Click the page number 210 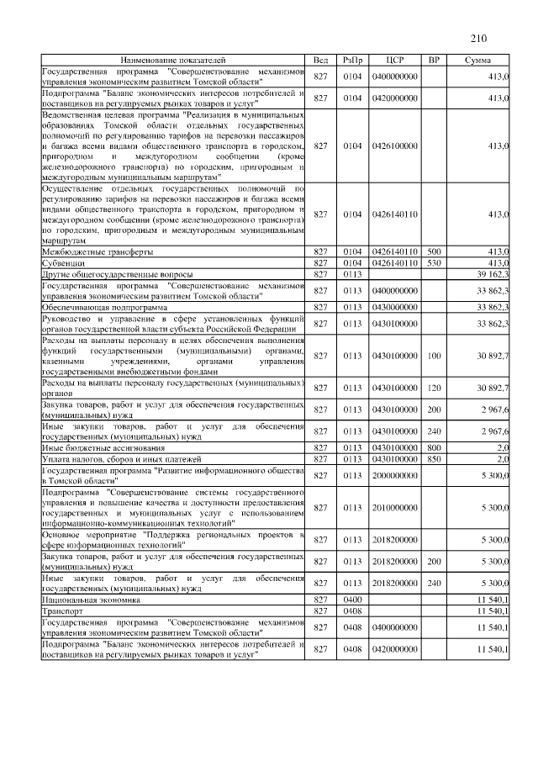coord(478,38)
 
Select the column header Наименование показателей coord(172,61)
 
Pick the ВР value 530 coord(434,262)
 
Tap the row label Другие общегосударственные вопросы coord(118,273)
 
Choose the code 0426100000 coord(395,145)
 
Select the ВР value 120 coord(434,387)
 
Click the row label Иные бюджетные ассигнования coord(100,448)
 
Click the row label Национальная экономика coord(88,599)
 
